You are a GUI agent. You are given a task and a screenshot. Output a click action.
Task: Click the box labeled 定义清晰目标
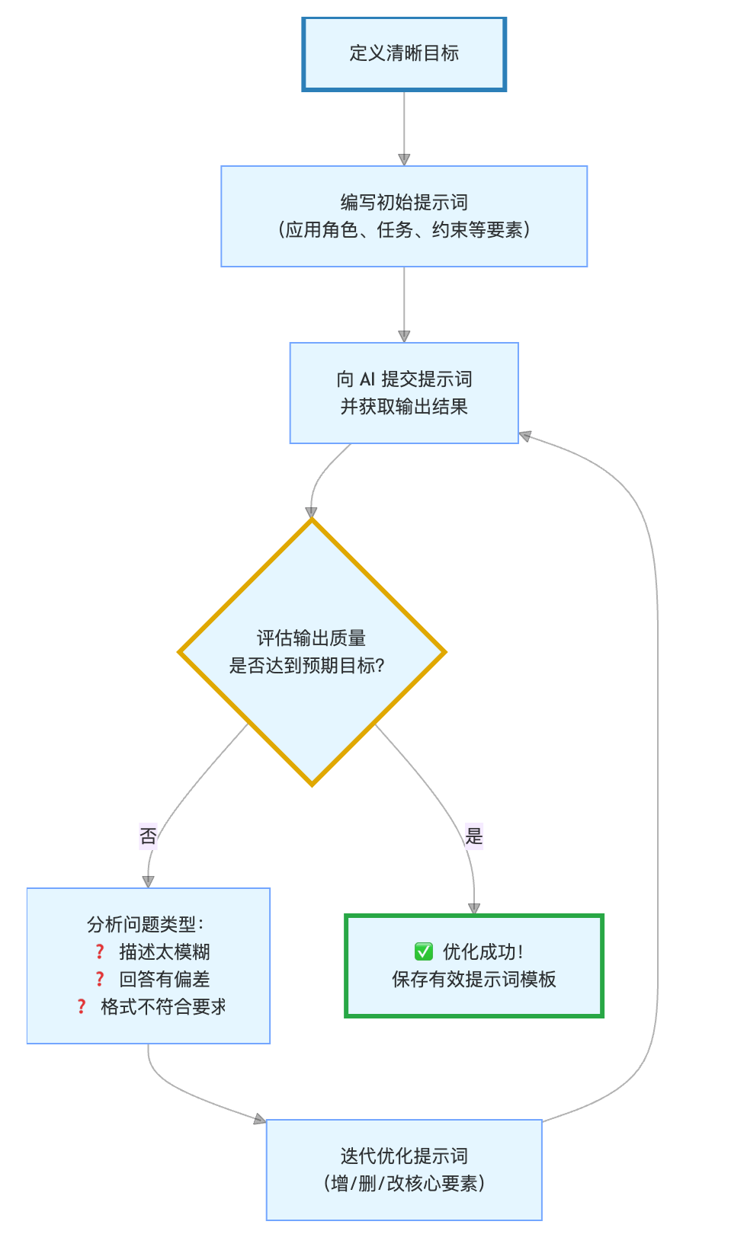[x=404, y=54]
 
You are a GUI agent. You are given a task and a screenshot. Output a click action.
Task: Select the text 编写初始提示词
[x=404, y=203]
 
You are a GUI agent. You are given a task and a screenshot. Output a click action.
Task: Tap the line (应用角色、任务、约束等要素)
[x=404, y=230]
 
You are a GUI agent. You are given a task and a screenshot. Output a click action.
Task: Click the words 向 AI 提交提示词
[x=404, y=379]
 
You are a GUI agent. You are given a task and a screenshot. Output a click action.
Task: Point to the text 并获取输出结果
[x=404, y=407]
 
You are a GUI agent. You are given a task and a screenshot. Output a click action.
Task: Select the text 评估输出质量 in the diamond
[x=311, y=638]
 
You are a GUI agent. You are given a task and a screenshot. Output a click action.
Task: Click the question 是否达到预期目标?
[x=307, y=666]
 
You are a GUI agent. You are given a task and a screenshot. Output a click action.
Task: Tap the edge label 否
[x=148, y=836]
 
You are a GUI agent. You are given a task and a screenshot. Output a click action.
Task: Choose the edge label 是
[x=474, y=836]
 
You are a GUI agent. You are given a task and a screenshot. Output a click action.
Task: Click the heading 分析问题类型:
[x=146, y=925]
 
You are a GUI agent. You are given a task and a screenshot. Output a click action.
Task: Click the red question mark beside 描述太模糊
[x=100, y=952]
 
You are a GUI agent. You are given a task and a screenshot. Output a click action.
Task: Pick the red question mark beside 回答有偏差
[x=100, y=980]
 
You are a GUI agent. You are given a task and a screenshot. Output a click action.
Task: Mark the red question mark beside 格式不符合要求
[x=82, y=1007]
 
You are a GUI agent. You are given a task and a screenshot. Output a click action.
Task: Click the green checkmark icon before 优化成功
[x=424, y=951]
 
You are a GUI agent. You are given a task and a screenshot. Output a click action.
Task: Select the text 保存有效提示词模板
[x=474, y=980]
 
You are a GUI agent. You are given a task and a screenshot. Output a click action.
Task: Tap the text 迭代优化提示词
[x=404, y=1156]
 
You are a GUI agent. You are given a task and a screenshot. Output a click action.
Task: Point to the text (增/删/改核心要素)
[x=404, y=1184]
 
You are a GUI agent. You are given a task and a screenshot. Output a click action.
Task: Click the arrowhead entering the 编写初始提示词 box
[x=404, y=160]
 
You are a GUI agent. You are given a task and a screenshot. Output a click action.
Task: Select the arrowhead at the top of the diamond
[x=311, y=513]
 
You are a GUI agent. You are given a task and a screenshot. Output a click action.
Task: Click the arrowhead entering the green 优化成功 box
[x=474, y=909]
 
